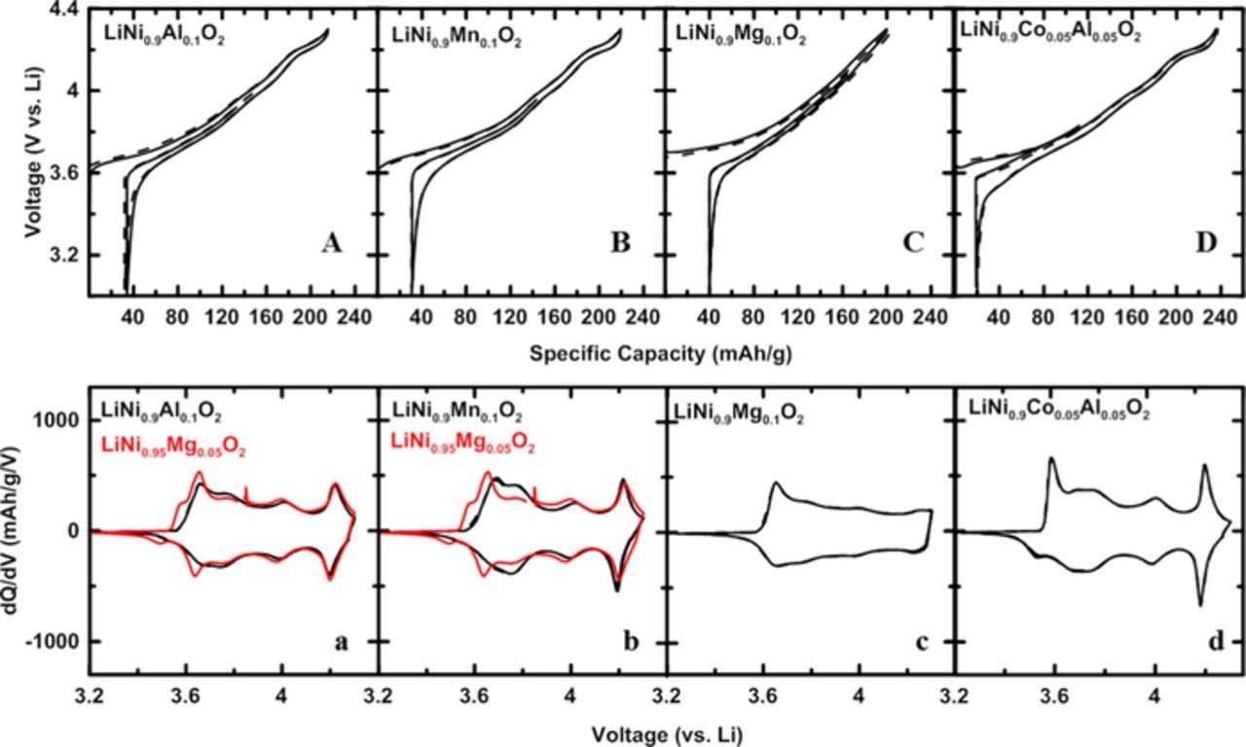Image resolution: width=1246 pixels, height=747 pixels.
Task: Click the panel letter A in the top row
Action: (x=331, y=244)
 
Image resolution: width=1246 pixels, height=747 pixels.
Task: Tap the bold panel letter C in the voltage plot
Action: (x=912, y=244)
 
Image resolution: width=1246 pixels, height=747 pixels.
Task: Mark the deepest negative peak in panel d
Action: (x=1200, y=605)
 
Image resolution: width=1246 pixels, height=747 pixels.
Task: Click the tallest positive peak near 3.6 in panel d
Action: (x=1051, y=458)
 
